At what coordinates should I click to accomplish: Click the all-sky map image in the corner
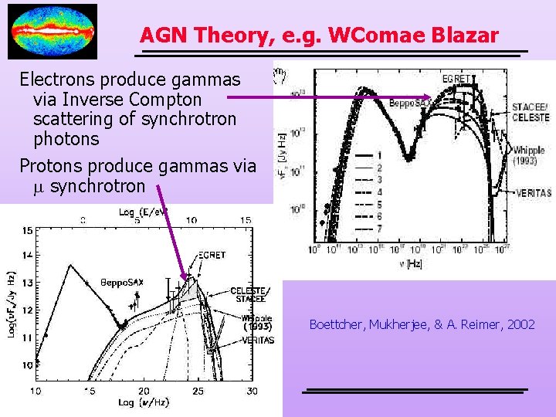53,32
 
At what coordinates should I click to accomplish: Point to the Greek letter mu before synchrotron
39,186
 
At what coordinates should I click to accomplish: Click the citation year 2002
521,324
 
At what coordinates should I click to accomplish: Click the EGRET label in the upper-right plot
458,78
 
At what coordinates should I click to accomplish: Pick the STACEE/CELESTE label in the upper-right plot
531,112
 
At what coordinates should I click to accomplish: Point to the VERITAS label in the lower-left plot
256,341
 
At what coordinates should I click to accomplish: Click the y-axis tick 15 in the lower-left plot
28,229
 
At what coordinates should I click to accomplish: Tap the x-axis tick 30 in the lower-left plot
252,392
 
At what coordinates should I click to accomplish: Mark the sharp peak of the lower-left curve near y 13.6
70,266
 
